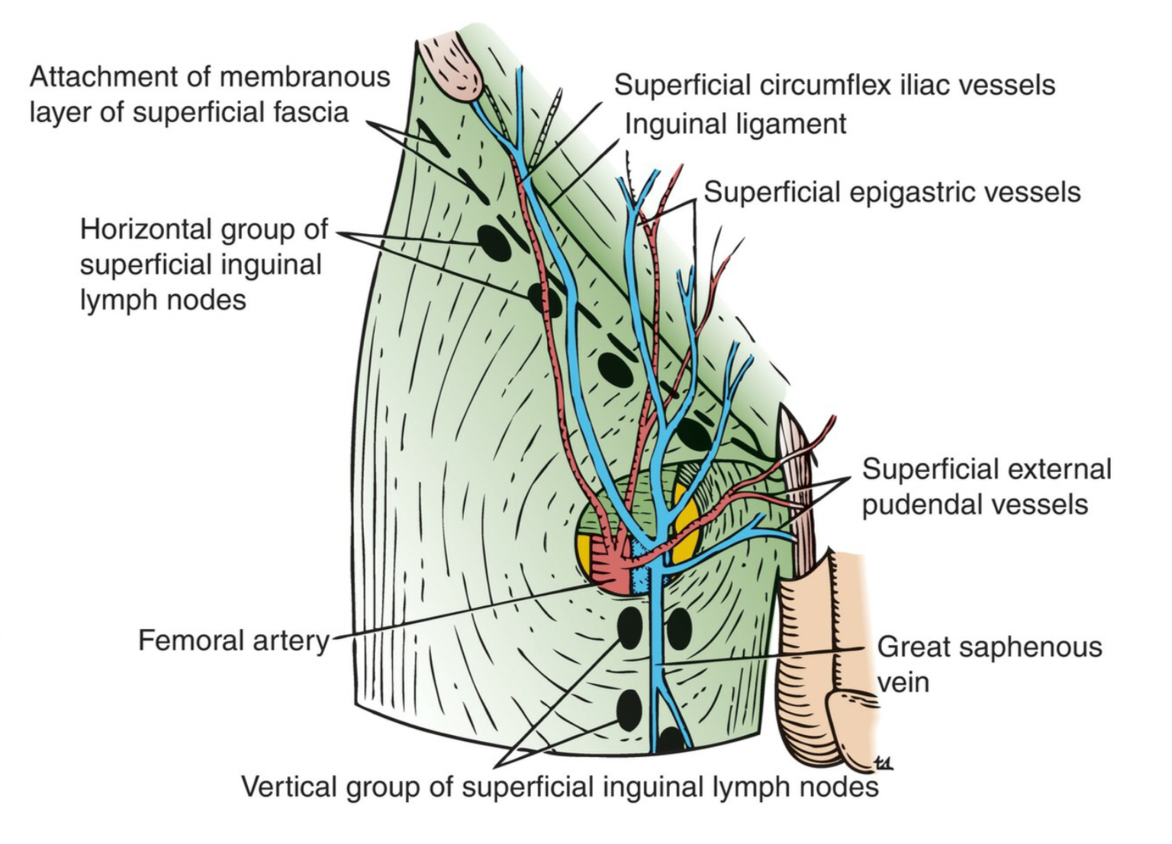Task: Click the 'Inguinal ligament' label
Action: tap(735, 124)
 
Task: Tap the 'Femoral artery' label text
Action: tap(234, 640)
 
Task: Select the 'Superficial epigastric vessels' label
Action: tap(892, 192)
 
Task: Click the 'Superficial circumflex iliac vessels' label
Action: tap(835, 85)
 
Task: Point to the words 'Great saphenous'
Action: tap(990, 647)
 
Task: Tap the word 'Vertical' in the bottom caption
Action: tap(288, 786)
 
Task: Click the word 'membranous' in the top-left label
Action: tap(305, 77)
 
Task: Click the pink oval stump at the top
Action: tap(451, 67)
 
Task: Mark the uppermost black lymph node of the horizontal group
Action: tap(494, 243)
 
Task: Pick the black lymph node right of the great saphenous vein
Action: tap(679, 629)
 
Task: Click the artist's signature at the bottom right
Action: tap(884, 764)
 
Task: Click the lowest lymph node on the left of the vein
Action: tap(629, 710)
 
